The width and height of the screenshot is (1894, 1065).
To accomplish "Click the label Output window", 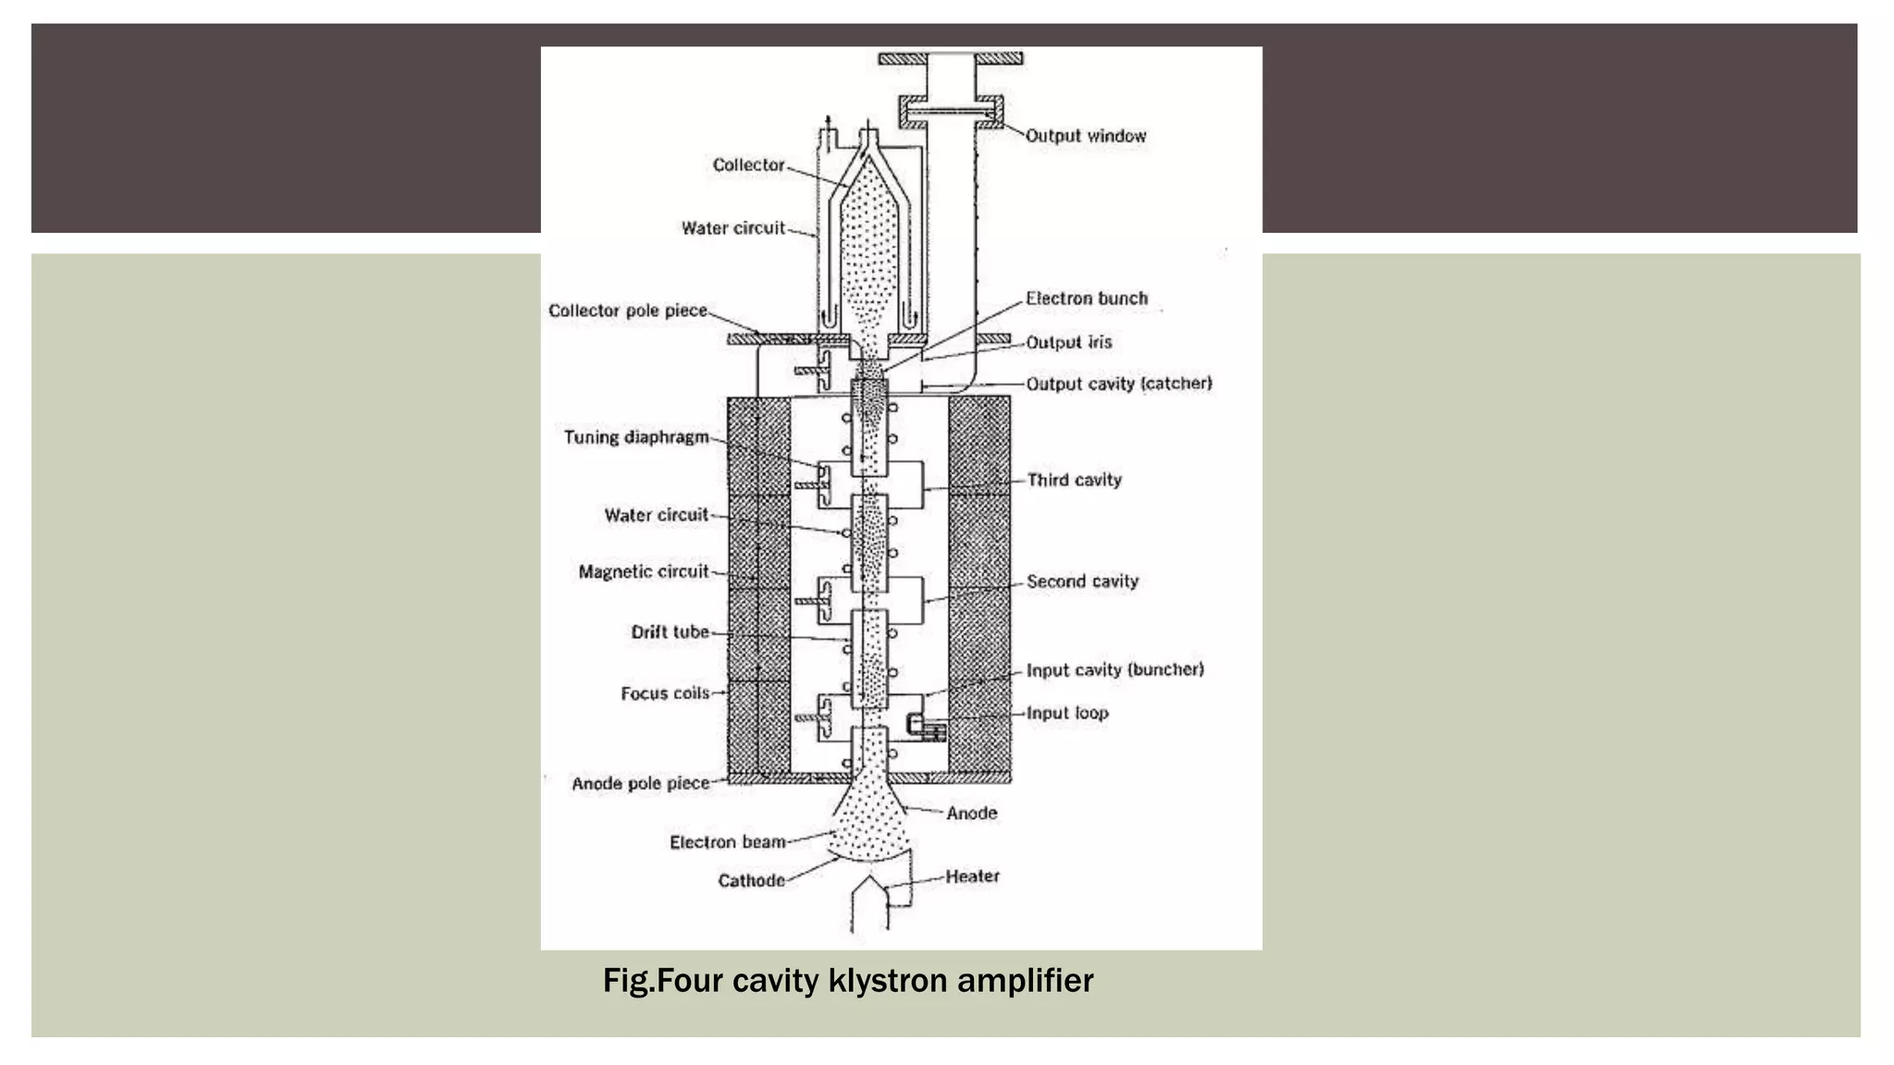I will [1086, 136].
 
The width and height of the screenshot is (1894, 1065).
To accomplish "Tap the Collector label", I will [748, 165].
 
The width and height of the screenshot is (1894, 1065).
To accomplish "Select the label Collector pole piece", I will [627, 311].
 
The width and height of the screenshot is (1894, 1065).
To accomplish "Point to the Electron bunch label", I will [1087, 299].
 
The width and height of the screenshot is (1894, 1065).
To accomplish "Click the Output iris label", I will [1068, 342].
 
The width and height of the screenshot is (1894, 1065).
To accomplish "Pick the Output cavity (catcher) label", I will [1119, 384].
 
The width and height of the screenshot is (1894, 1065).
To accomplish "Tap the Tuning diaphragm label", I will [636, 437].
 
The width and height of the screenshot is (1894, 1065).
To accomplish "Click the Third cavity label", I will [1075, 480].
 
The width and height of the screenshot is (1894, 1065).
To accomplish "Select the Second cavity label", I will [1082, 581].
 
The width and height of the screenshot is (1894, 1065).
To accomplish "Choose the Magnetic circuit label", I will [644, 572].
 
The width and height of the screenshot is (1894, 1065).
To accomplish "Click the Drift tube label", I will [670, 632].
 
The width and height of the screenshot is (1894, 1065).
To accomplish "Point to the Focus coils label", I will [665, 693].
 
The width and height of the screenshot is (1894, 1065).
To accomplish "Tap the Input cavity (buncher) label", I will [1115, 669].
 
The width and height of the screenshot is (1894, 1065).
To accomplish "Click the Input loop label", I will [1067, 713].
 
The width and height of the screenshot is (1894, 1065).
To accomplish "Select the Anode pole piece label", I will [640, 784].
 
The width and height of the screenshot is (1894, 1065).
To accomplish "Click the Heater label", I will [972, 875].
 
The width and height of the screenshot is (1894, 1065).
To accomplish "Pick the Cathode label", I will [751, 880].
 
